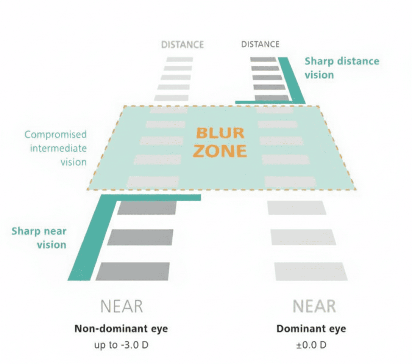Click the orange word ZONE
click(x=220, y=151)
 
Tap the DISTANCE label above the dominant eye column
click(x=260, y=44)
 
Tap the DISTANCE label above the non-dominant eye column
click(x=183, y=44)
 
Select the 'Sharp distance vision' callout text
click(x=342, y=68)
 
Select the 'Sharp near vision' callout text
click(x=39, y=238)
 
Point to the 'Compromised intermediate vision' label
click(x=56, y=148)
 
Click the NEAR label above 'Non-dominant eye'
click(x=122, y=306)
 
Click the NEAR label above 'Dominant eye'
click(x=314, y=306)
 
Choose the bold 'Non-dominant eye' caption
click(x=121, y=328)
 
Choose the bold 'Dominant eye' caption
click(x=311, y=328)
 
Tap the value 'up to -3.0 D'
click(x=121, y=345)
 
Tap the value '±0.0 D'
click(x=311, y=345)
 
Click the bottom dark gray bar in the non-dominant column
click(x=133, y=271)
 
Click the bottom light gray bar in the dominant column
click(x=311, y=271)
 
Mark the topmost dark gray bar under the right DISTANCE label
click(x=263, y=60)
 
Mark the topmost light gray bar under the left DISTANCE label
click(x=179, y=60)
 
